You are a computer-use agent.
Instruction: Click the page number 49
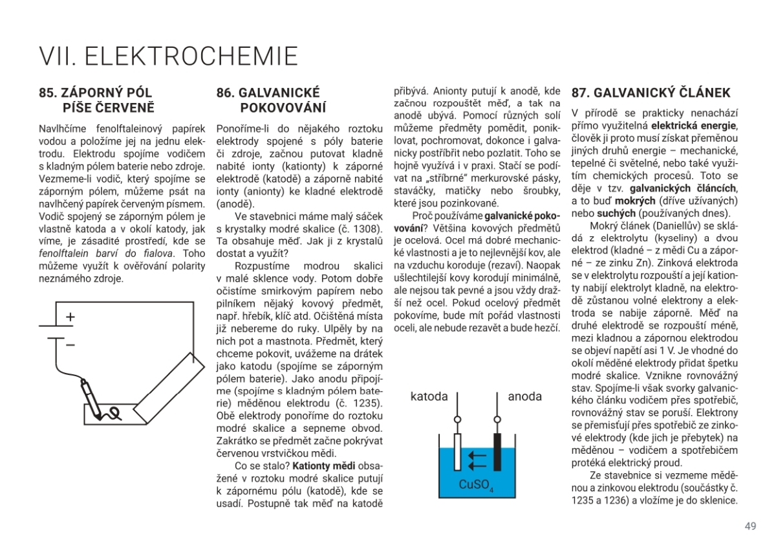pyautogui.click(x=750, y=526)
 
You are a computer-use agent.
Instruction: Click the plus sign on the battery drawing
pyautogui.click(x=70, y=318)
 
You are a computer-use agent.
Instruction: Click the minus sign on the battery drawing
pyautogui.click(x=70, y=344)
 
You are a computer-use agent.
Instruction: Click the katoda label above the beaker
pyautogui.click(x=429, y=396)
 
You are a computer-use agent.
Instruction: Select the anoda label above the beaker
pyautogui.click(x=525, y=396)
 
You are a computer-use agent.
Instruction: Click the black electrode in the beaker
pyautogui.click(x=497, y=451)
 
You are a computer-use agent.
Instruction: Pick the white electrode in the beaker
pyautogui.click(x=458, y=451)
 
